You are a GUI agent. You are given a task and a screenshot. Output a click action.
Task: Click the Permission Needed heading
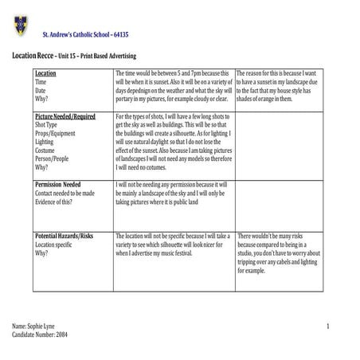point(57,184)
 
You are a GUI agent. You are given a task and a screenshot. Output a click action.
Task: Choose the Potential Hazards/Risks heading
point(64,237)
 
